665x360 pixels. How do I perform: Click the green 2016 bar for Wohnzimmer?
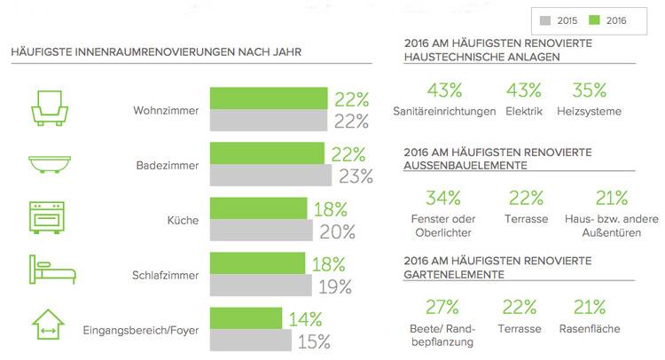pos(269,98)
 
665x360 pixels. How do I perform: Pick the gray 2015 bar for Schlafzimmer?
pos(260,286)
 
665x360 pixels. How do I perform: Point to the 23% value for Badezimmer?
pos(355,176)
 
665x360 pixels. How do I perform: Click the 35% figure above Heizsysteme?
pos(589,90)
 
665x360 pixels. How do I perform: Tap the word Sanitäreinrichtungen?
pos(443,112)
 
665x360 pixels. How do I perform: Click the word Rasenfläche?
pos(590,328)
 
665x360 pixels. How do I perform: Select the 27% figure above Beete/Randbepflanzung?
pos(442,307)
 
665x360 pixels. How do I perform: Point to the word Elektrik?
pos(523,112)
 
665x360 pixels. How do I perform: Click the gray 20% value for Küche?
pos(337,231)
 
